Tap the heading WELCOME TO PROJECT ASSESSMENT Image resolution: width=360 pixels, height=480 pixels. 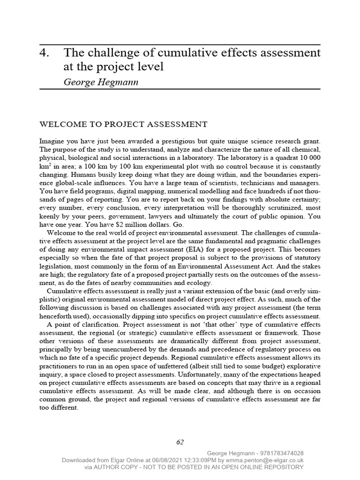(123, 124)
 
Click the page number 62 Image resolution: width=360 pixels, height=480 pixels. (180, 442)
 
